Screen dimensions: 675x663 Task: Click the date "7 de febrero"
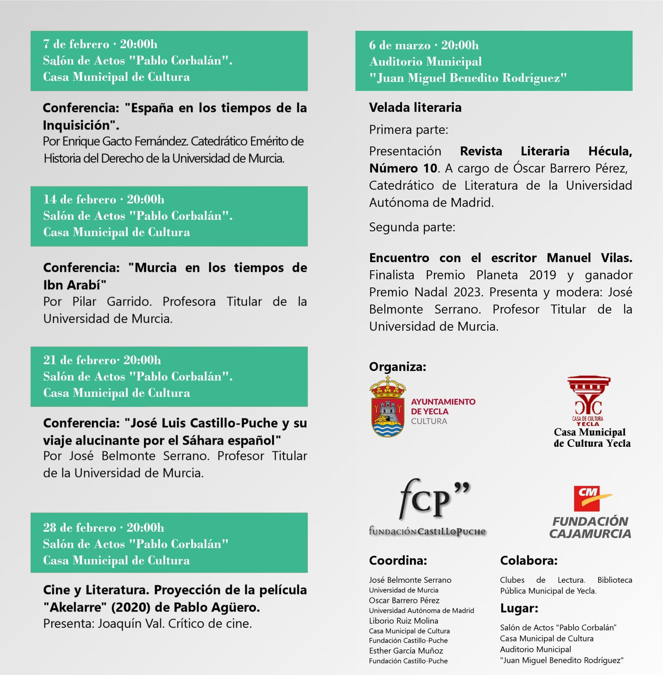coord(76,44)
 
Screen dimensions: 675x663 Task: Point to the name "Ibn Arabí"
coord(75,285)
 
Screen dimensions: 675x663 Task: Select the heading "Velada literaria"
coord(415,108)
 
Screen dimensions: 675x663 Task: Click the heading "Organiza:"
coord(397,367)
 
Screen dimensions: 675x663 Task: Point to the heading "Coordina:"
coord(398,560)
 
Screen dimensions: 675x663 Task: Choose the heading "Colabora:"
coord(529,560)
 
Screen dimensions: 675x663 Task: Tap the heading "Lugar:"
coord(519,608)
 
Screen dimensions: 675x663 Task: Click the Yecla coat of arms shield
coord(387,416)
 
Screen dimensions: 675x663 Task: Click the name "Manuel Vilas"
coord(589,258)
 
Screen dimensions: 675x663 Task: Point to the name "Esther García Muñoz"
coord(406,651)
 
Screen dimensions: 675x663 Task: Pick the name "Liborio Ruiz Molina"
coord(404,621)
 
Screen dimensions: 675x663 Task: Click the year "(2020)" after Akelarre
coord(131,608)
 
